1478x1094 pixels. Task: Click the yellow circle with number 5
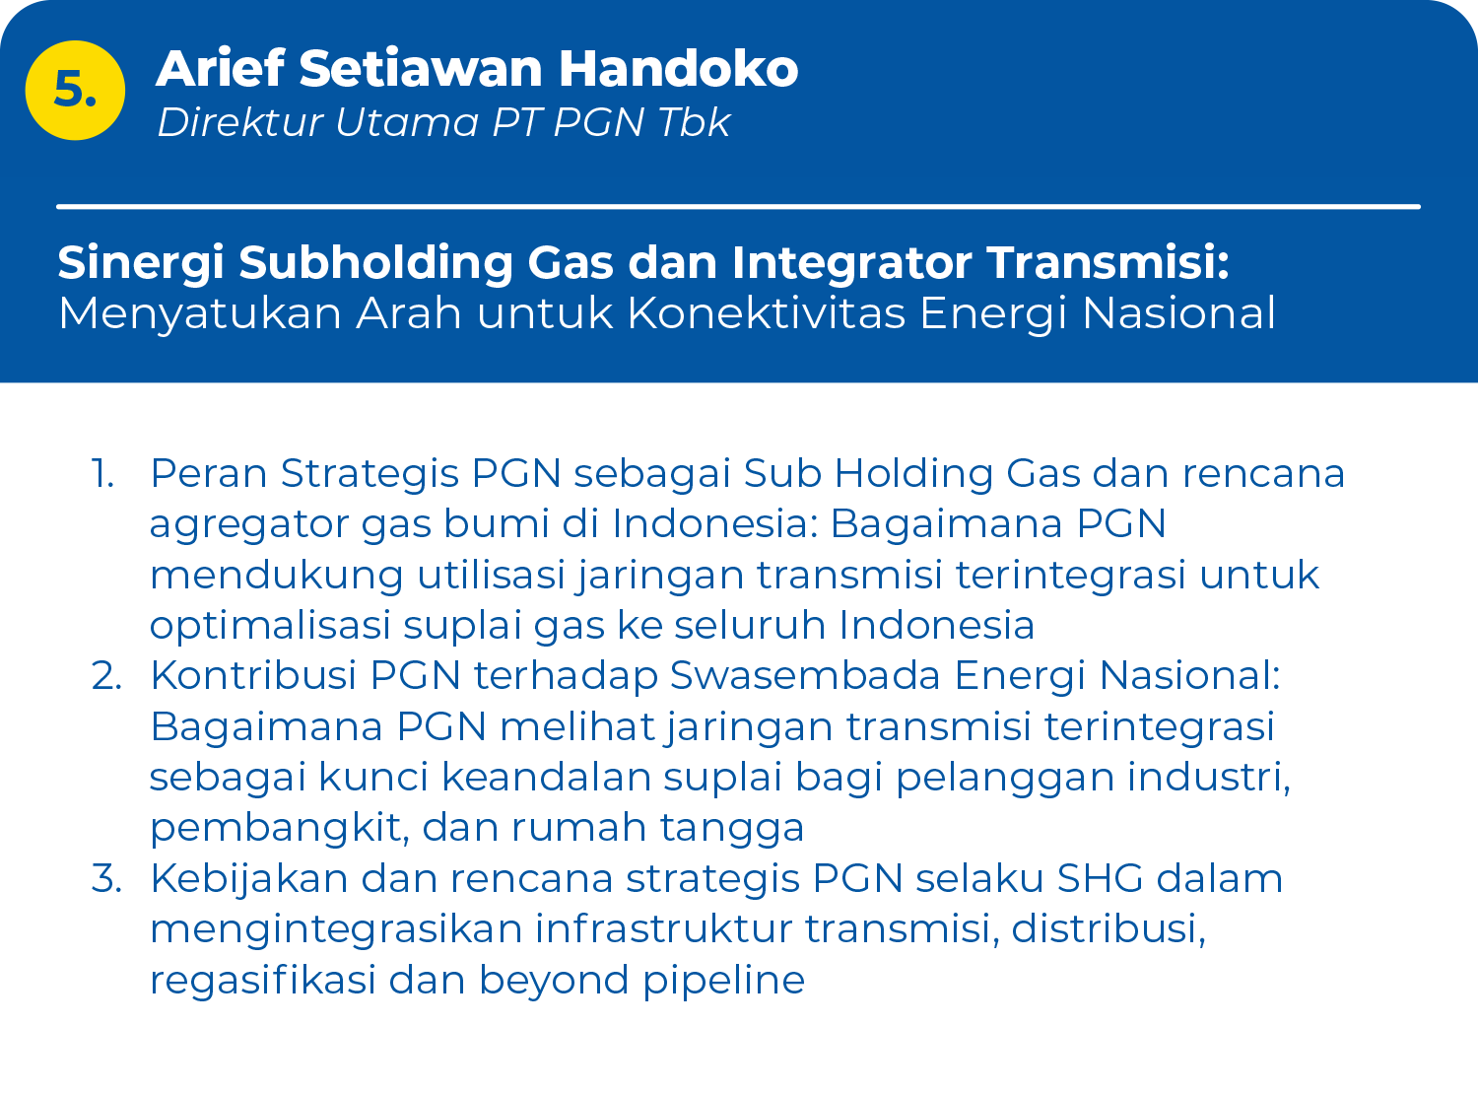coord(75,90)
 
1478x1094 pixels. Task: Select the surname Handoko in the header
coord(678,68)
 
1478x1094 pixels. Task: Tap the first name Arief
coord(221,68)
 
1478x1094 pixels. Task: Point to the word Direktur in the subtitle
coord(239,122)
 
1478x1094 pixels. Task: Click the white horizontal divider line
coord(738,207)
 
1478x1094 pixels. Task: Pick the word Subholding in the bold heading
coord(375,263)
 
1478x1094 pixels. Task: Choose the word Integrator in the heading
coord(851,263)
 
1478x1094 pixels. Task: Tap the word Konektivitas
coord(767,312)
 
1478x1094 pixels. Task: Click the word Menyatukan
coord(200,313)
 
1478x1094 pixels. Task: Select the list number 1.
coord(102,474)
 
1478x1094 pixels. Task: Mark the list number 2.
coord(106,675)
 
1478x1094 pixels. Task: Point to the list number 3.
coord(106,878)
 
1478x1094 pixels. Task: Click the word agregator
coord(248,525)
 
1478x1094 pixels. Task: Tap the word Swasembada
coord(805,675)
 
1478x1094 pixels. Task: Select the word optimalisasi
coord(270,626)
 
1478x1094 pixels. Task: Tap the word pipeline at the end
coord(723,982)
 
